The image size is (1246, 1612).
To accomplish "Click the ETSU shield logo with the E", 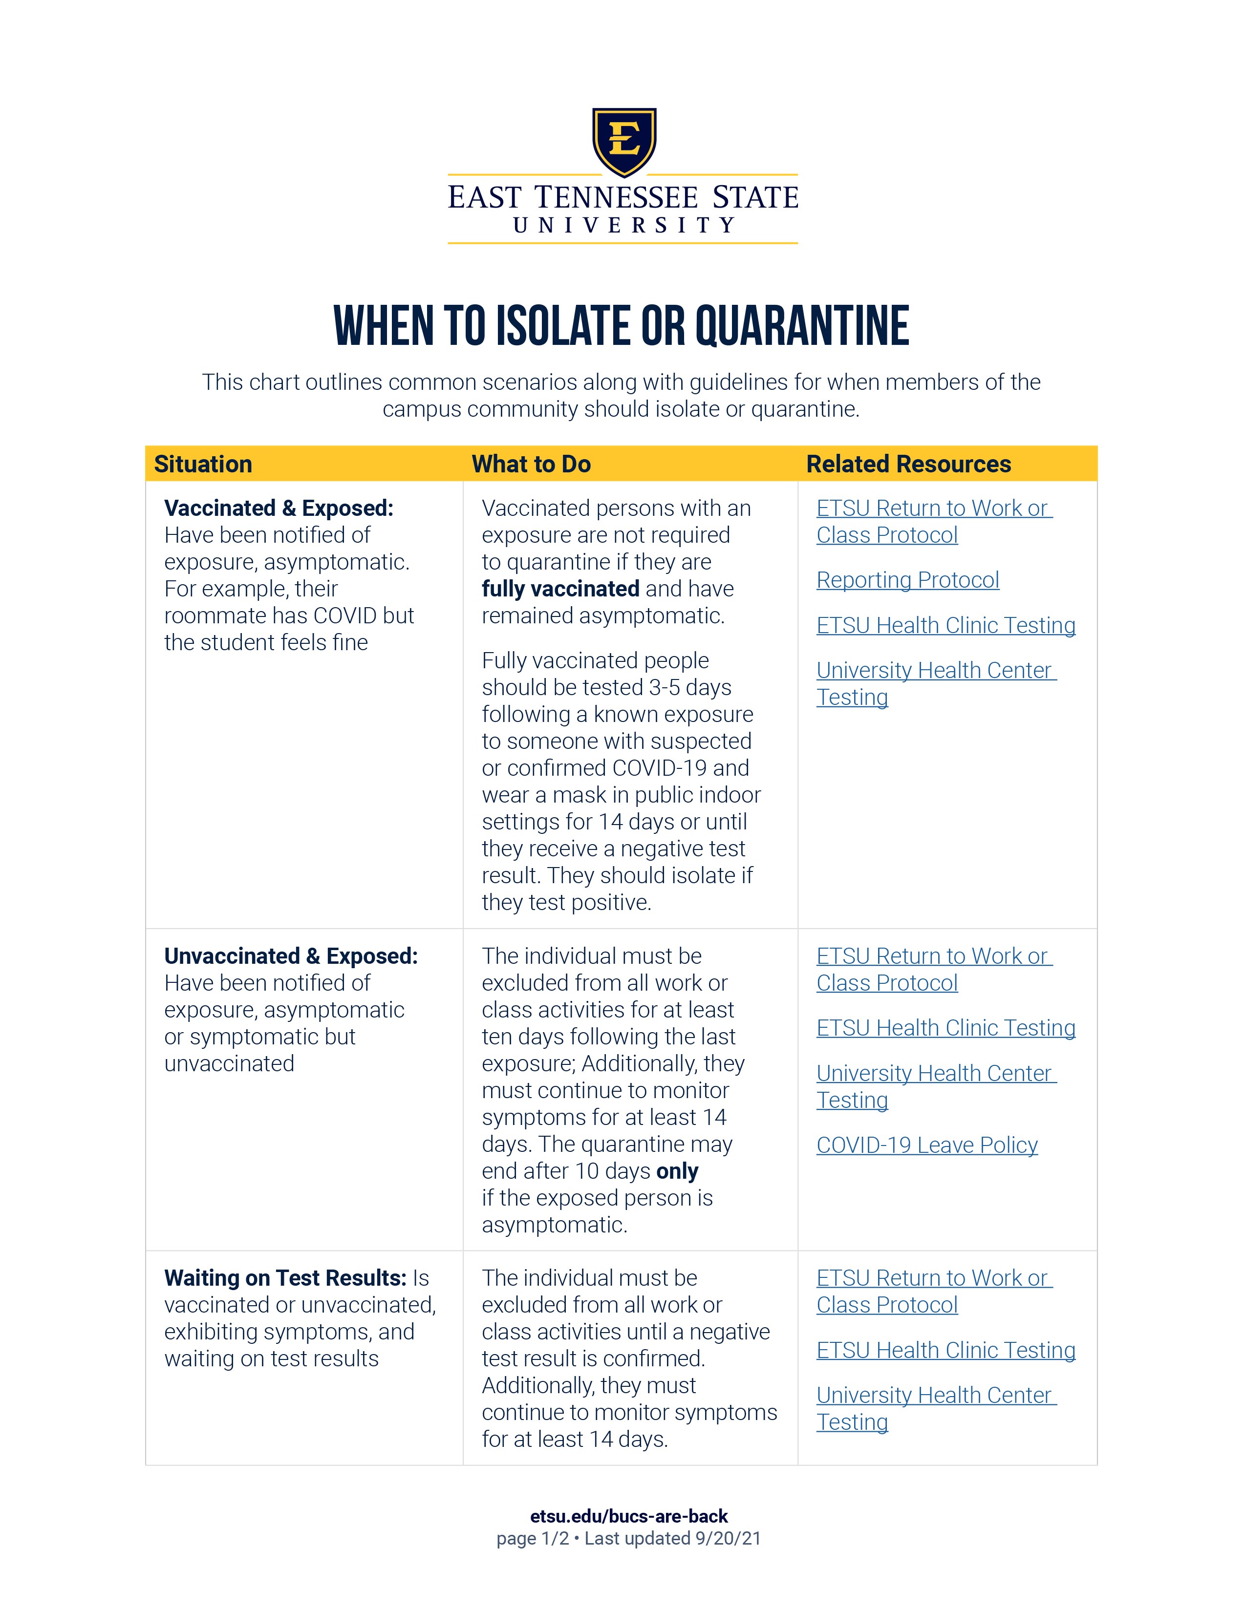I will click(x=624, y=141).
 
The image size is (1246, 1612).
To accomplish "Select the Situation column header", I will click(x=203, y=464).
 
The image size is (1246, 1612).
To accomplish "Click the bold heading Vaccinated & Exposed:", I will click(x=279, y=509).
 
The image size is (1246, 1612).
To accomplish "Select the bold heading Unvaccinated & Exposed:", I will click(x=291, y=956).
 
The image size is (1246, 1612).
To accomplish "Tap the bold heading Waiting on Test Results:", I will click(x=285, y=1278).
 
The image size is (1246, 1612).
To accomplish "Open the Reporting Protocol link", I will click(x=907, y=580).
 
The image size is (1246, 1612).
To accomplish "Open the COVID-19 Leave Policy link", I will click(x=926, y=1145).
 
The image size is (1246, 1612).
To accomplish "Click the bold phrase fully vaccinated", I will click(x=560, y=589).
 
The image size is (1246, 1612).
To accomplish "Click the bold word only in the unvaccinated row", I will click(x=677, y=1171).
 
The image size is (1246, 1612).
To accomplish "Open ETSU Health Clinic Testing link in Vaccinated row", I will click(x=945, y=626).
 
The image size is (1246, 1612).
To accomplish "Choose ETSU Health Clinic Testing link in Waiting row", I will click(x=945, y=1351).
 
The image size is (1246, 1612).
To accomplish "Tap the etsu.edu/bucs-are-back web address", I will click(x=629, y=1517).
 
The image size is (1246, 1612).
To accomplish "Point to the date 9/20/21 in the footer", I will click(x=728, y=1538).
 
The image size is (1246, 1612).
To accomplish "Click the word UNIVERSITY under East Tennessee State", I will click(x=624, y=225).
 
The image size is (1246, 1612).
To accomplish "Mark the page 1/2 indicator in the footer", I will click(x=532, y=1538).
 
